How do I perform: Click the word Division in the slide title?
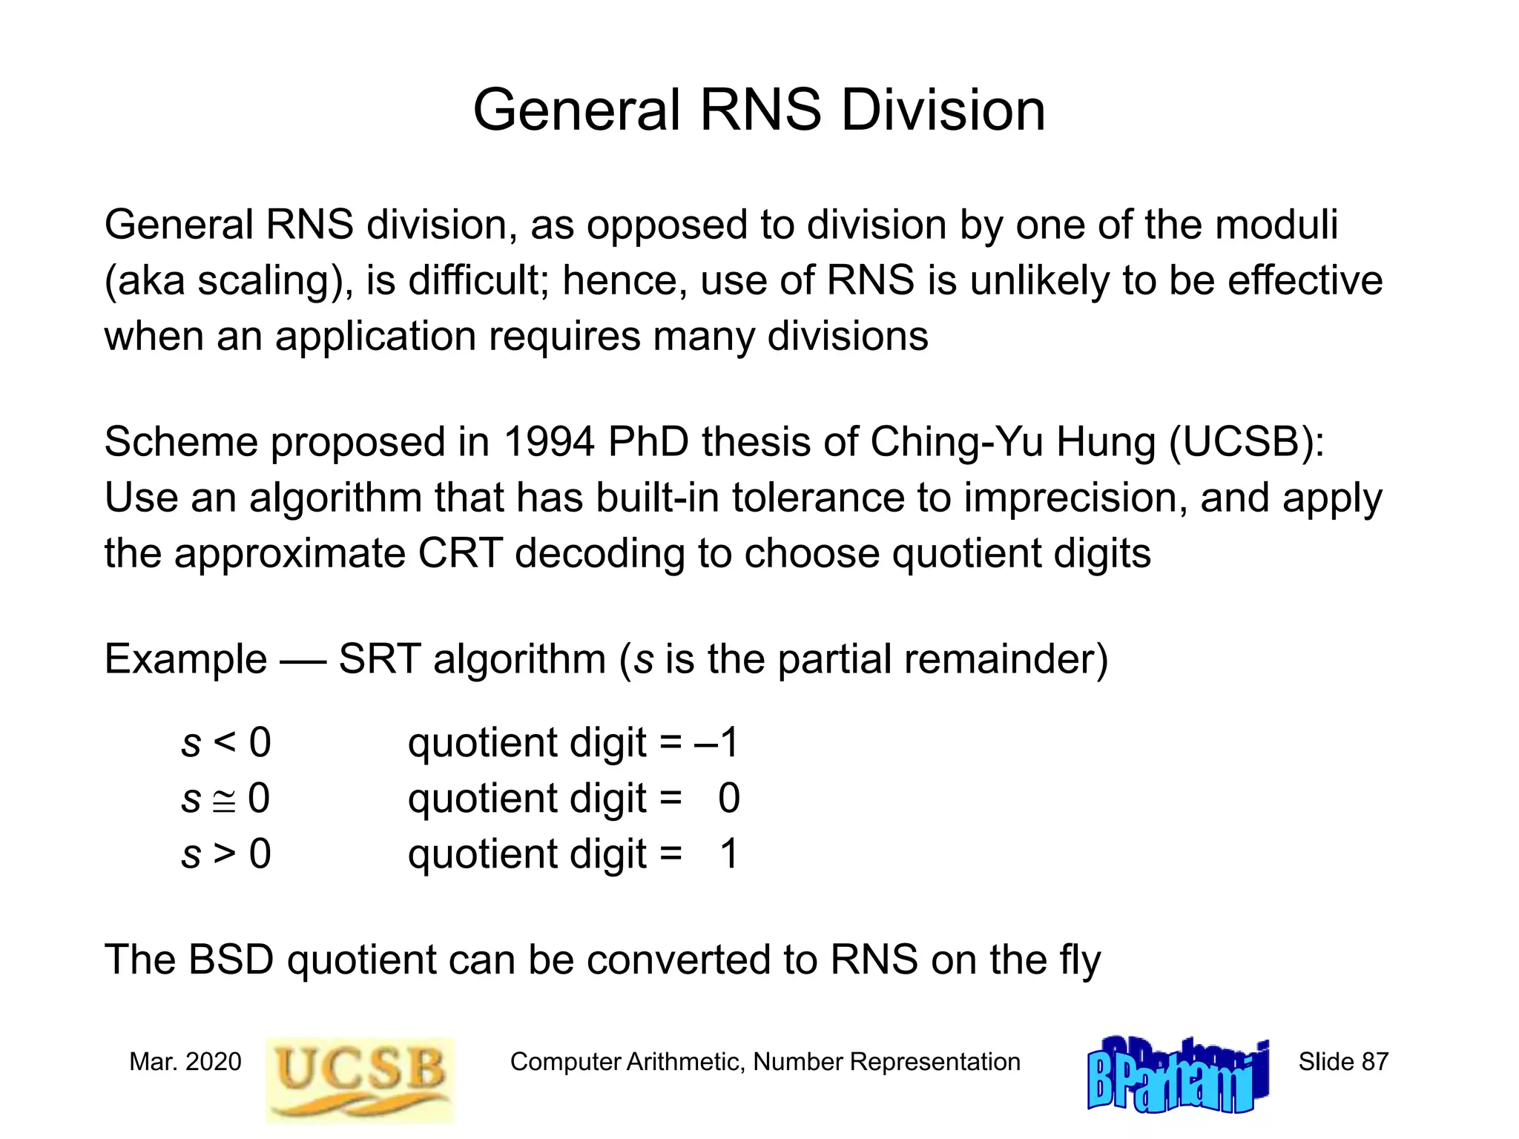point(943,110)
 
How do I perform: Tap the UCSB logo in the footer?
point(360,1079)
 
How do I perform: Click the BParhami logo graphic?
point(1178,1075)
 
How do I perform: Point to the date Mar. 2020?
point(185,1062)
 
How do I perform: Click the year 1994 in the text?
point(549,442)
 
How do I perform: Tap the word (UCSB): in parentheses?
point(1247,442)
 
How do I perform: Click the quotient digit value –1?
point(717,742)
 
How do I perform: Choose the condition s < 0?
point(226,742)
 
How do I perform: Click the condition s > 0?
point(226,854)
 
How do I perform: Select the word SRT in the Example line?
point(379,659)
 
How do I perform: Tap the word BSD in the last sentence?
point(231,960)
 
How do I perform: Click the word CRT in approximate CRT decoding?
point(460,553)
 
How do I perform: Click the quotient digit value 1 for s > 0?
point(729,854)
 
